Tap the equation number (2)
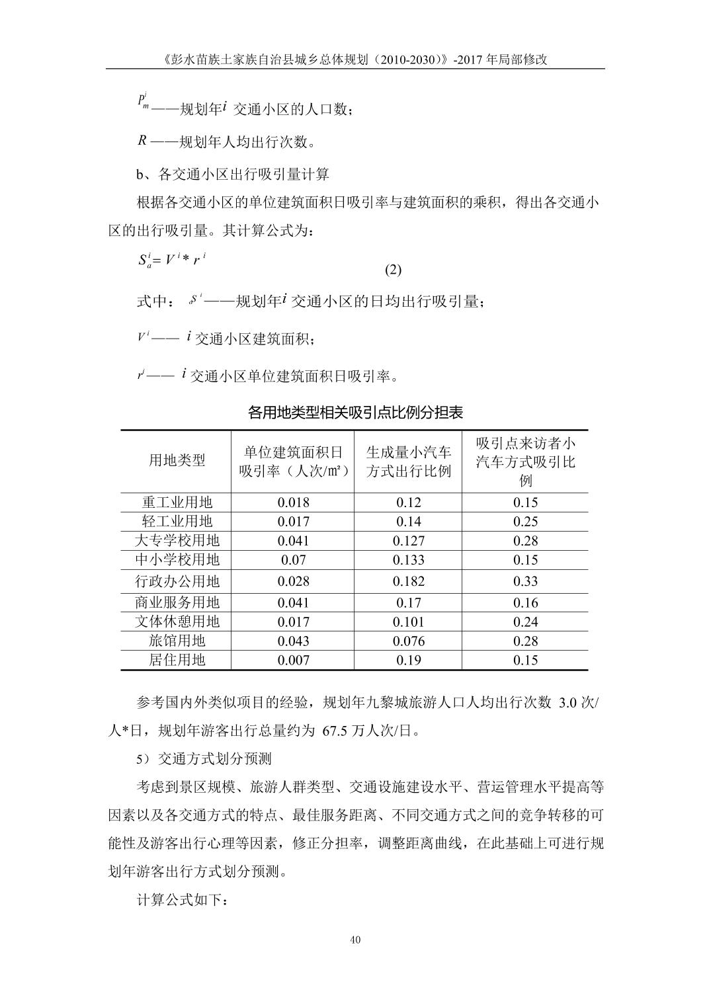(393, 270)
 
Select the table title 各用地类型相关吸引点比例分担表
(355, 413)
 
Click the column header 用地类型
(177, 460)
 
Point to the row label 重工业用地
(177, 502)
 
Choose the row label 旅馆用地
(177, 641)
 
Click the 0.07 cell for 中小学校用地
(293, 560)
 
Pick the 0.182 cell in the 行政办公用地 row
(408, 581)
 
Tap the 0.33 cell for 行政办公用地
(525, 581)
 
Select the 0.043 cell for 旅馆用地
(293, 641)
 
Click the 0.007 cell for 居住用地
(293, 660)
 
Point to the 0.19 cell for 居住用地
(408, 660)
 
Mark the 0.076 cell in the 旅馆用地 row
(408, 641)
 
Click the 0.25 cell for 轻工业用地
(525, 521)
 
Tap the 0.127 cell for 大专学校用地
(408, 541)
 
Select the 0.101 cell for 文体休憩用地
(408, 622)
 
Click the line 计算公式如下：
(183, 901)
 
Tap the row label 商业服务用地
(177, 602)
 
